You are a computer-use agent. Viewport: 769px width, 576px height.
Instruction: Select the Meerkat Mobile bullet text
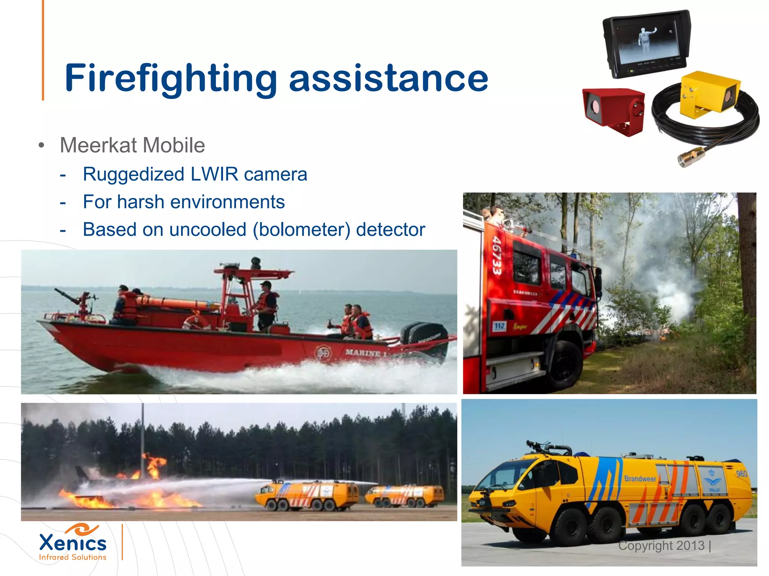(132, 145)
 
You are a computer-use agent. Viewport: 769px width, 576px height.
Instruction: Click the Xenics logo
(73, 542)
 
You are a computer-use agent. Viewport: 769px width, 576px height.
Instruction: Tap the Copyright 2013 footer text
(662, 546)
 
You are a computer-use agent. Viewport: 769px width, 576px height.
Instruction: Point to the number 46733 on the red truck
(497, 255)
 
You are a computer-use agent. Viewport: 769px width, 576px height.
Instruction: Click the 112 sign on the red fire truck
(499, 326)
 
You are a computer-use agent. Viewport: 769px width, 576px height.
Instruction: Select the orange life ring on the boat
(196, 322)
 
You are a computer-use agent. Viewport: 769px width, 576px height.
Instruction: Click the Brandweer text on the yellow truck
(640, 479)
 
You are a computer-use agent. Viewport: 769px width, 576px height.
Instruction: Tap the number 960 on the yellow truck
(741, 474)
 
